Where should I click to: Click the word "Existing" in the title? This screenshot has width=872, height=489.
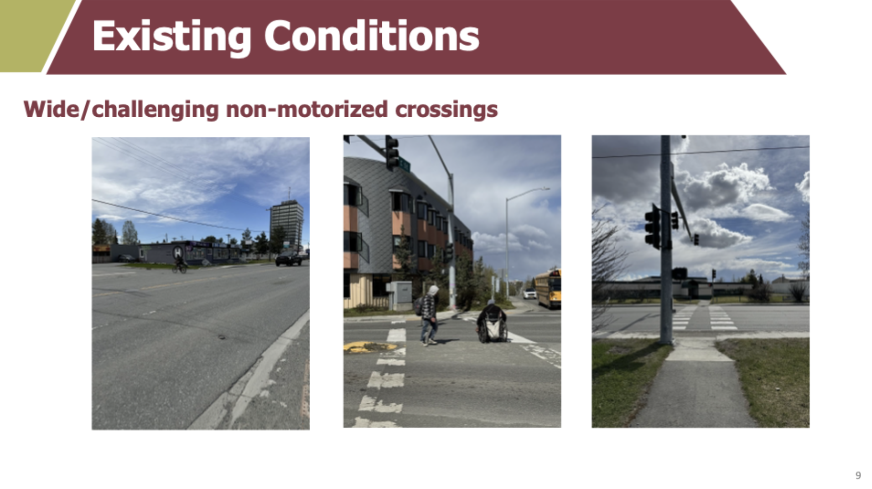click(x=171, y=37)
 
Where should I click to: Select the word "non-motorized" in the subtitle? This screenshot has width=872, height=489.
click(x=307, y=109)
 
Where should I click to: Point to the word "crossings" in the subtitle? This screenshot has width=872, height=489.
click(x=446, y=110)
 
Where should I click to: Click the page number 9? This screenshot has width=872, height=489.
click(x=858, y=475)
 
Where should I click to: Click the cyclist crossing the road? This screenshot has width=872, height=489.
click(x=180, y=265)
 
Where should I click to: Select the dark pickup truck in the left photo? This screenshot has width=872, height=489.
click(x=288, y=259)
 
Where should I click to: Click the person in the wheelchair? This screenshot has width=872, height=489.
click(x=492, y=323)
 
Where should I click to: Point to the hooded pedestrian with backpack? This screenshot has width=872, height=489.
click(x=429, y=315)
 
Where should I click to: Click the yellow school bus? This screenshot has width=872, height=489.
click(x=548, y=288)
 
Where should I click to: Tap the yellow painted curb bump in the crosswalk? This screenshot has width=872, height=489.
click(x=370, y=348)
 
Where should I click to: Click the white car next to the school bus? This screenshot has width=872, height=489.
click(x=529, y=294)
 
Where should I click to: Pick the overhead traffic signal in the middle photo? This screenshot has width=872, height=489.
click(x=392, y=153)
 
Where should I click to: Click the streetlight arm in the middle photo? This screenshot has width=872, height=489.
click(x=527, y=193)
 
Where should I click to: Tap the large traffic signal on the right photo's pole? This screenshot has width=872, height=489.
click(x=652, y=226)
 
